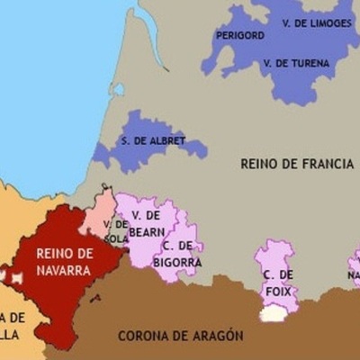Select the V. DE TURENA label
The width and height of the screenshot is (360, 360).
point(296,64)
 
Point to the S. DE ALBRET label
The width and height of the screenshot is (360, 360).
point(153,141)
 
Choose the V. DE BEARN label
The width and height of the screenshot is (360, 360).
point(147,223)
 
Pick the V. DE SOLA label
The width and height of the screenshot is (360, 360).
point(115,231)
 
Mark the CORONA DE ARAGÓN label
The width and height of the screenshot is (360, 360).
point(181,336)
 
